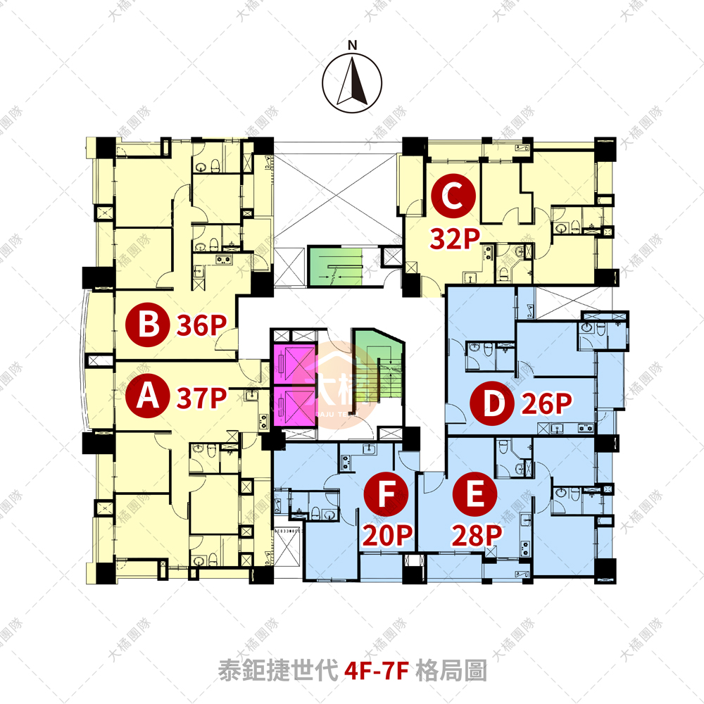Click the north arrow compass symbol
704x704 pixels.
pyautogui.click(x=352, y=83)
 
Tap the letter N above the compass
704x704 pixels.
pyautogui.click(x=353, y=46)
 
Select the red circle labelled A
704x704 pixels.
pyautogui.click(x=146, y=396)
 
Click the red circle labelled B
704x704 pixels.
pyautogui.click(x=146, y=325)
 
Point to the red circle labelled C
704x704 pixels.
pyautogui.click(x=453, y=198)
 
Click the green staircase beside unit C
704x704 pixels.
pyautogui.click(x=334, y=266)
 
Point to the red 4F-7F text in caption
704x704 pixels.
pyautogui.click(x=377, y=670)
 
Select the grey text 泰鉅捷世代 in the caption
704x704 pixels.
pyautogui.click(x=278, y=670)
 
